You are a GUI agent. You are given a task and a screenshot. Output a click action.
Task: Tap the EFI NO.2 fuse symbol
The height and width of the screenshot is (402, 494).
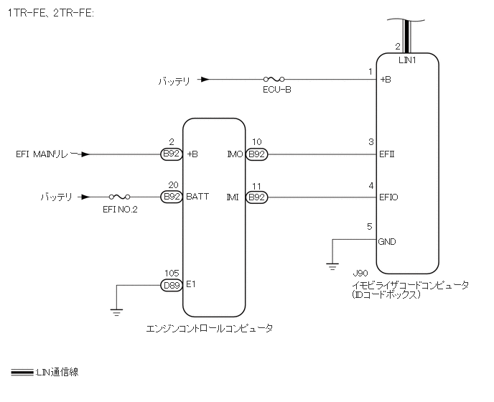[119, 196]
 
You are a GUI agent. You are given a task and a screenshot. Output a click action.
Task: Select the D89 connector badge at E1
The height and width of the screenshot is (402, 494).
[172, 284]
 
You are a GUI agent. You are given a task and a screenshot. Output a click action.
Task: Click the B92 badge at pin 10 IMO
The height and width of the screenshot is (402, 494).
[256, 154]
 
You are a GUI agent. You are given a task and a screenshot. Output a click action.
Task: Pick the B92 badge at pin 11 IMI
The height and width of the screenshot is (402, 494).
[256, 196]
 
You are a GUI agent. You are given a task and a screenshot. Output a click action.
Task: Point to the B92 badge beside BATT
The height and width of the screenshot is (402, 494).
[172, 196]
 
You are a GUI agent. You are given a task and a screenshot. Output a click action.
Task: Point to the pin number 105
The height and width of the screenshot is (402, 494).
[171, 273]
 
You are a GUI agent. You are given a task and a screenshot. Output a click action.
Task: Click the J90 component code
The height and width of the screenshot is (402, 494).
[360, 274]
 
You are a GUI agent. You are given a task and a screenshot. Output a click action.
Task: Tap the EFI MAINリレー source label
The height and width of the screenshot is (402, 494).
[45, 154]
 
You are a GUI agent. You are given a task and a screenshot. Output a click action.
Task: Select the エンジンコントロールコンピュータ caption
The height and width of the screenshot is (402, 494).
[209, 328]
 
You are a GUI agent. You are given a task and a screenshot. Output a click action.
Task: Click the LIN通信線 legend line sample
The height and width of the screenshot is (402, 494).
[22, 373]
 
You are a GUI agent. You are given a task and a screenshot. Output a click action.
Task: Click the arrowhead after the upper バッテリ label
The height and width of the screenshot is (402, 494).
[205, 80]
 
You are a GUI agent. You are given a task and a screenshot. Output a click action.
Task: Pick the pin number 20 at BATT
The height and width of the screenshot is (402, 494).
[172, 184]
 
